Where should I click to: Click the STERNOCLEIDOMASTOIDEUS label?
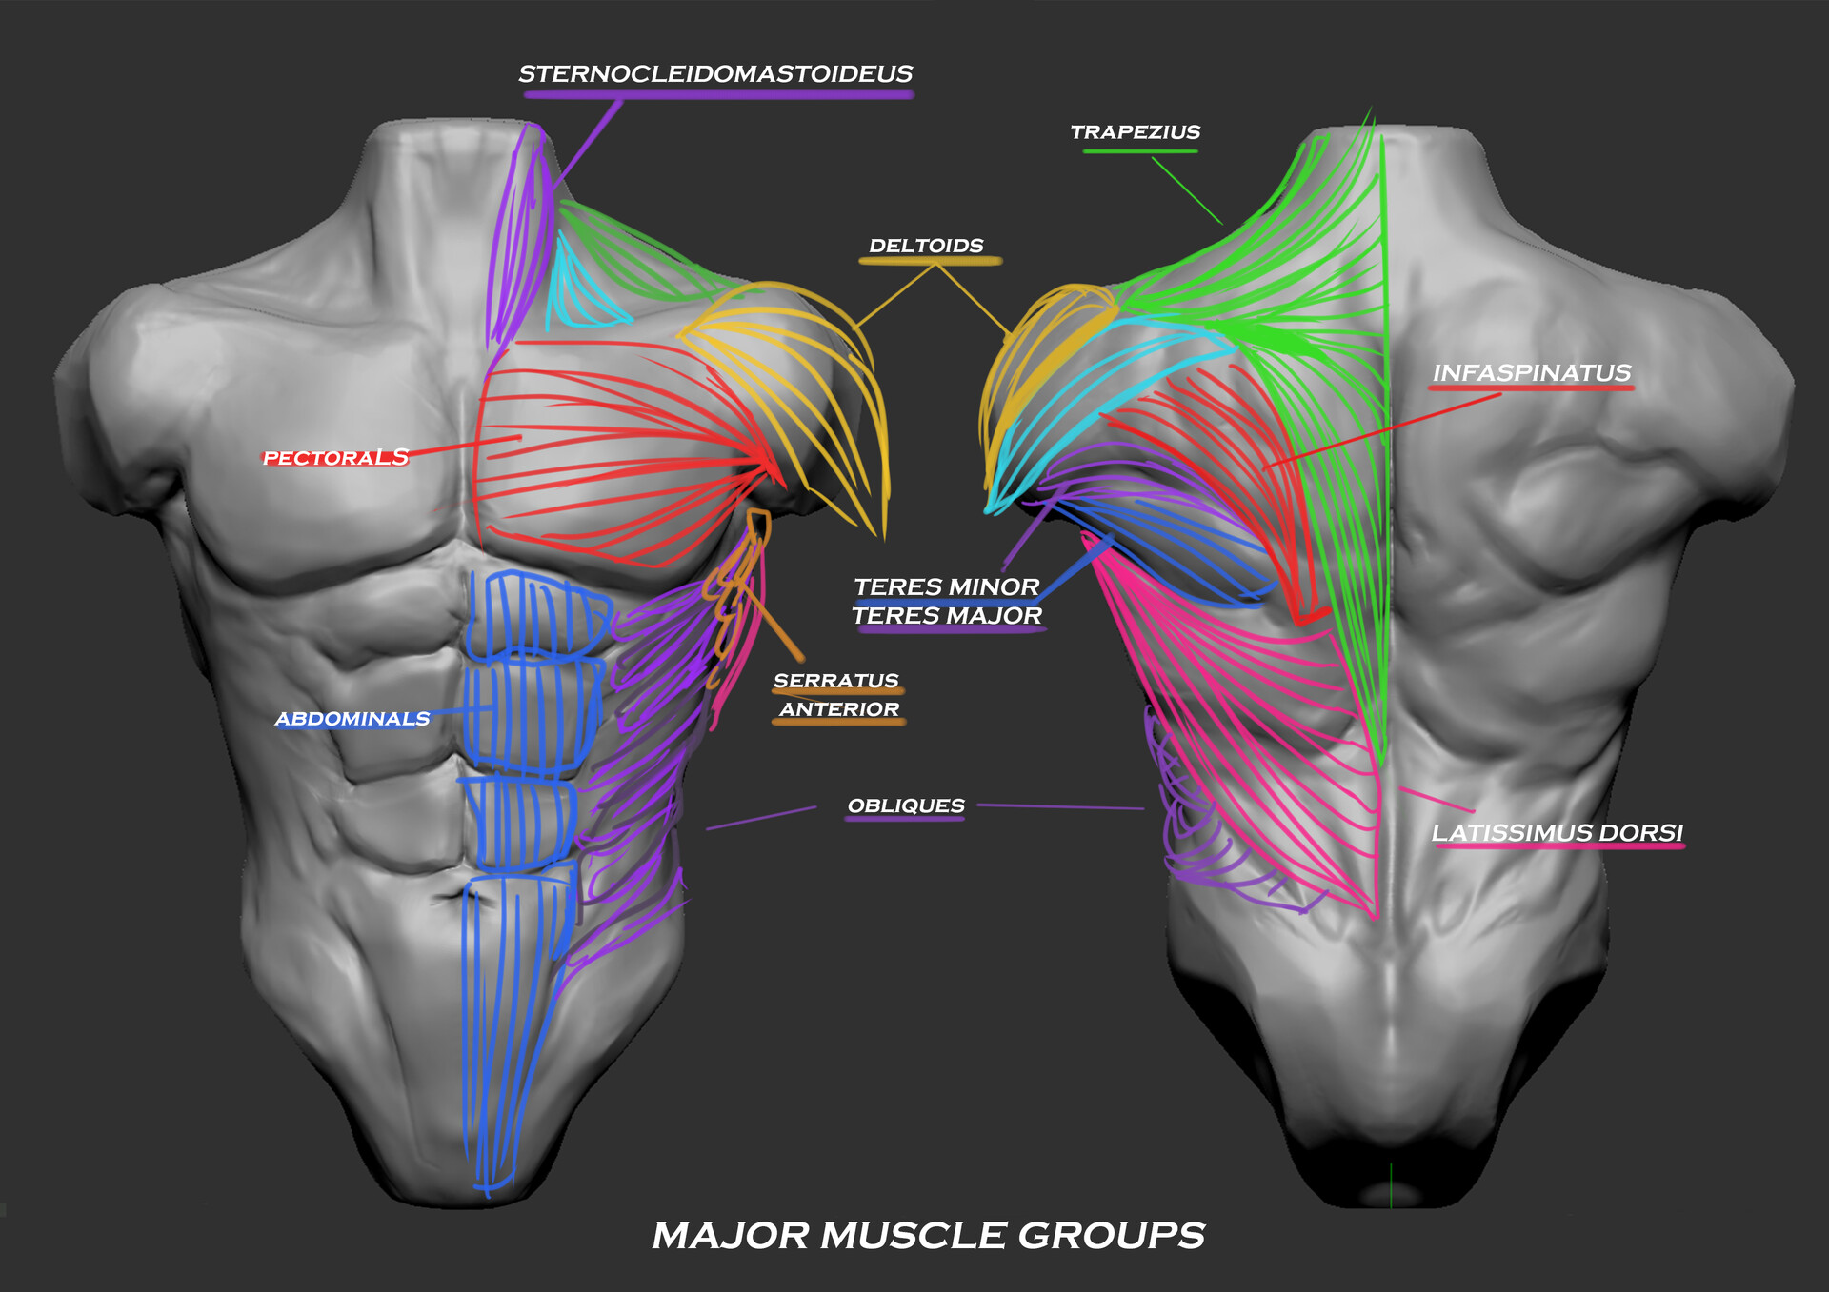715,74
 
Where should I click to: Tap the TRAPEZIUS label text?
1136,132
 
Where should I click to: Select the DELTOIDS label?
926,246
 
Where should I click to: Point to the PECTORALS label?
335,458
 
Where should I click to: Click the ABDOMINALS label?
352,719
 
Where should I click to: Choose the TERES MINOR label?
946,586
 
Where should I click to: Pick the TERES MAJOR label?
947,616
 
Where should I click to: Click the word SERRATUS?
836,681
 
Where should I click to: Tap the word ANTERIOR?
839,709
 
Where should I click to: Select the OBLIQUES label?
906,805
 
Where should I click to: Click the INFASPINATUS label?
1532,373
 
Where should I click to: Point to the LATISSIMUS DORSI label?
1558,833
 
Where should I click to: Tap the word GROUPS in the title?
1112,1236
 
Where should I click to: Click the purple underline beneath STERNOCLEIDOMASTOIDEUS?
718,95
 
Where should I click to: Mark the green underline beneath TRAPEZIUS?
1140,150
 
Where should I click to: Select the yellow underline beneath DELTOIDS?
930,260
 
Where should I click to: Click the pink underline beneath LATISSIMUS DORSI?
1559,845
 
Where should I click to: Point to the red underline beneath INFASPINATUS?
1532,388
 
